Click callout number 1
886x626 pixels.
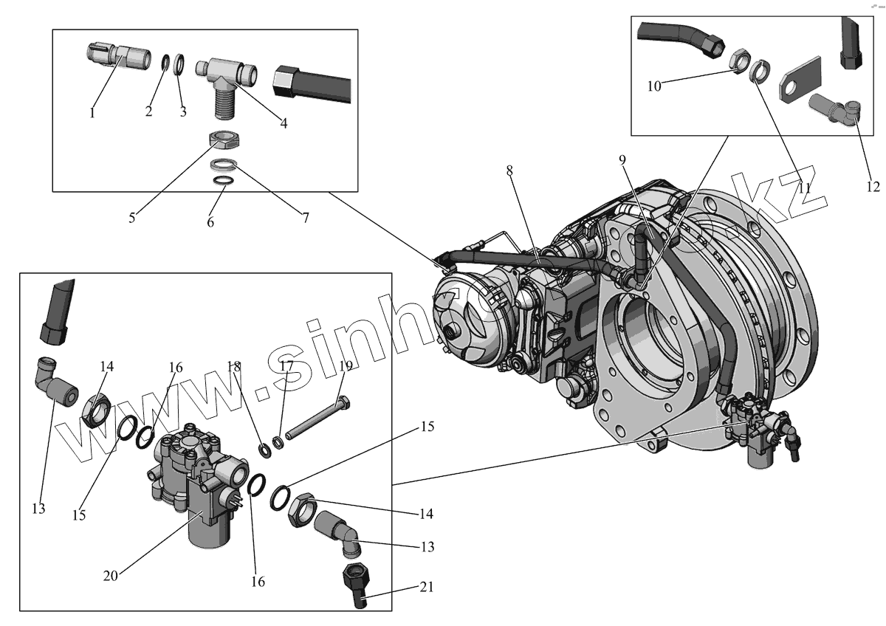pyautogui.click(x=92, y=113)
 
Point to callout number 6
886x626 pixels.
pyautogui.click(x=210, y=221)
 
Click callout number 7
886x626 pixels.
pyautogui.click(x=305, y=218)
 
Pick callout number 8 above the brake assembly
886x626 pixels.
pyautogui.click(x=509, y=170)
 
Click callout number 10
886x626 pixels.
pyautogui.click(x=654, y=86)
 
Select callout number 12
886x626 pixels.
pyautogui.click(x=873, y=187)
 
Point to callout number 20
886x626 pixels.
pyautogui.click(x=110, y=576)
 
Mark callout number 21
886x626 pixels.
pyautogui.click(x=426, y=588)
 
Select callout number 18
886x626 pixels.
pyautogui.click(x=234, y=366)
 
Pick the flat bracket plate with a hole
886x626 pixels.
pyautogui.click(x=802, y=80)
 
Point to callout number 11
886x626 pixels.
pyautogui.click(x=804, y=188)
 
